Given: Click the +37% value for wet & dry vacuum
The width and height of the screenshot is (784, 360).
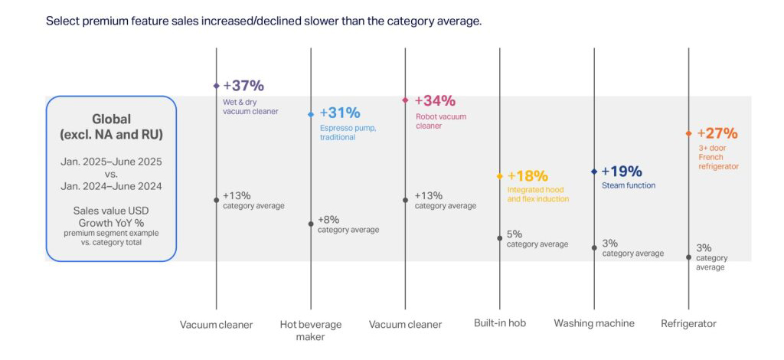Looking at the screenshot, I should click(x=243, y=86).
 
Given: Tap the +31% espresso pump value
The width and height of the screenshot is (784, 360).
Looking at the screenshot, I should click(x=340, y=113).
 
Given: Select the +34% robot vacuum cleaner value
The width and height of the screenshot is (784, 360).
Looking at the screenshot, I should click(x=435, y=101).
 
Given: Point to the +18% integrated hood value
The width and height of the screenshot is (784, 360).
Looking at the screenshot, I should click(x=528, y=176).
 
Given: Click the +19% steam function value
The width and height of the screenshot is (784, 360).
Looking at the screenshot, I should click(x=622, y=172).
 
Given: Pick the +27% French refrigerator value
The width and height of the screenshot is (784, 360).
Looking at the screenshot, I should click(x=717, y=133).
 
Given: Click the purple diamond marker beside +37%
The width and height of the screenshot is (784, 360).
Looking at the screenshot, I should click(x=216, y=86).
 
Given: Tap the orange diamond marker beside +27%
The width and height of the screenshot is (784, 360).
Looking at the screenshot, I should click(x=689, y=133).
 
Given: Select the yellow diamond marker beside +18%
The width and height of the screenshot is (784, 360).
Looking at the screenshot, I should click(x=500, y=176).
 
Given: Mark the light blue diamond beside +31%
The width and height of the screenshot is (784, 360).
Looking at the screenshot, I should click(x=311, y=114).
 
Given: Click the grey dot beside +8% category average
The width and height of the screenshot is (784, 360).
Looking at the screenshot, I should click(x=311, y=224).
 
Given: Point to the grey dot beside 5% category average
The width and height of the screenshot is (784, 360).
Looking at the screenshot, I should click(x=500, y=238).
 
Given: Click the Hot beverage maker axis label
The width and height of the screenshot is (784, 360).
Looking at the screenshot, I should click(x=311, y=330).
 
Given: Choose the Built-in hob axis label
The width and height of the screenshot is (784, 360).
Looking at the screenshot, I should click(x=500, y=323).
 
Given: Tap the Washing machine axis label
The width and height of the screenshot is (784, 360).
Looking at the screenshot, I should click(x=594, y=323).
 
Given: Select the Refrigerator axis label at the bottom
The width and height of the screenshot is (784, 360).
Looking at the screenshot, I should click(x=688, y=324).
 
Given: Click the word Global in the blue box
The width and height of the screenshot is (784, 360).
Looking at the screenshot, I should click(x=112, y=119).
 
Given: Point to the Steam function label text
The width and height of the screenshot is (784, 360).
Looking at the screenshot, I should click(x=628, y=185).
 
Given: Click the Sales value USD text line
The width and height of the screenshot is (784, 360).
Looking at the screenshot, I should click(x=112, y=211).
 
